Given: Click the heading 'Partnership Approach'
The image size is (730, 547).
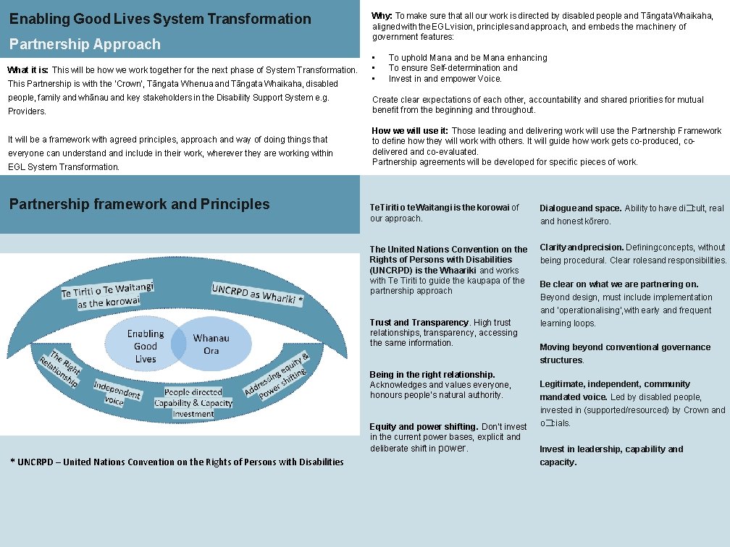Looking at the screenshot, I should [85, 44].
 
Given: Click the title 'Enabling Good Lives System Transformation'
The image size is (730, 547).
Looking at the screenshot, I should [160, 19].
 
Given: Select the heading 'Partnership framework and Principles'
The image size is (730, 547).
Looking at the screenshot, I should [139, 204].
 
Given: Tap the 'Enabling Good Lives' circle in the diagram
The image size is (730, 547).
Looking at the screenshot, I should [144, 346].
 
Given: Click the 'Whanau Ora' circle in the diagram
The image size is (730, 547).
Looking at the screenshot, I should [211, 344].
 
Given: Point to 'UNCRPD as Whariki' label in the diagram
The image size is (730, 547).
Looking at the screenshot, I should [257, 293].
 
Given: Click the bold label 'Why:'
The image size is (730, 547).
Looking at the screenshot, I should [382, 15].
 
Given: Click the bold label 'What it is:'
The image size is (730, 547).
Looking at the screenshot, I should [28, 70].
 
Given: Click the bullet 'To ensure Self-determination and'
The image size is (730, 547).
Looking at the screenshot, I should [453, 68].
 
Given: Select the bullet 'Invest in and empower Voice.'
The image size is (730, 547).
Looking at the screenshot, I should [445, 79].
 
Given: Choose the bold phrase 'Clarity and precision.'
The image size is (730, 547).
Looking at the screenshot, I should [582, 247].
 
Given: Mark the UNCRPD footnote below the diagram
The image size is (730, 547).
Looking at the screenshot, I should [177, 462].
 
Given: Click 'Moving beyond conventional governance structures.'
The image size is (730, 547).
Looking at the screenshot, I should [615, 354].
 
